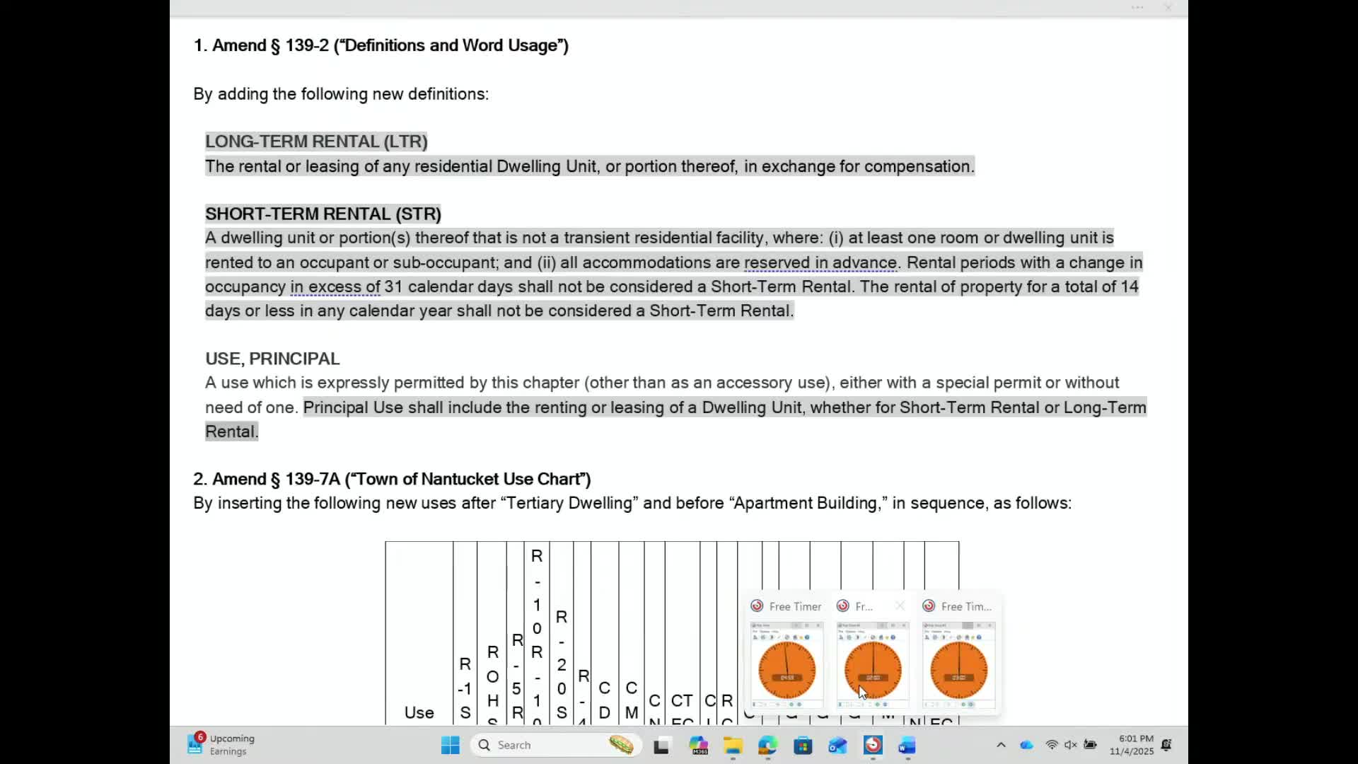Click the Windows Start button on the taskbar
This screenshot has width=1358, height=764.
click(450, 745)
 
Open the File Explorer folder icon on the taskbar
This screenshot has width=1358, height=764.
click(732, 745)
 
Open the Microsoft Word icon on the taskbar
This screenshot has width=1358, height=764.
click(907, 745)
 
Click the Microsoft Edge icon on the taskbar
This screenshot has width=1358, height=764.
click(767, 745)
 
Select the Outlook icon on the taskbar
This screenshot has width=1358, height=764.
click(837, 745)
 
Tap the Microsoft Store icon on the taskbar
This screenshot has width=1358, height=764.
click(803, 745)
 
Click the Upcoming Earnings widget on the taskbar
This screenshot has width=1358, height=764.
click(221, 745)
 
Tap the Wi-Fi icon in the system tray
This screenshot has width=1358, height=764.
click(1052, 745)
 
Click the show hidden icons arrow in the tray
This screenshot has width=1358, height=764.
click(1001, 745)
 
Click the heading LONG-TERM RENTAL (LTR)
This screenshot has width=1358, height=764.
click(316, 141)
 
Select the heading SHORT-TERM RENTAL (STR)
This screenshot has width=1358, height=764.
click(323, 214)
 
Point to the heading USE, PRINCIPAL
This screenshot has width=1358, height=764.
click(272, 359)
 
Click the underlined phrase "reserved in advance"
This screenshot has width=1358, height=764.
click(820, 262)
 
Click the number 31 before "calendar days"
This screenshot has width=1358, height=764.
click(393, 286)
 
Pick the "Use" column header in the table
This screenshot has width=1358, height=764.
click(419, 712)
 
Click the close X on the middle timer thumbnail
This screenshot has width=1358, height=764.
click(900, 606)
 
